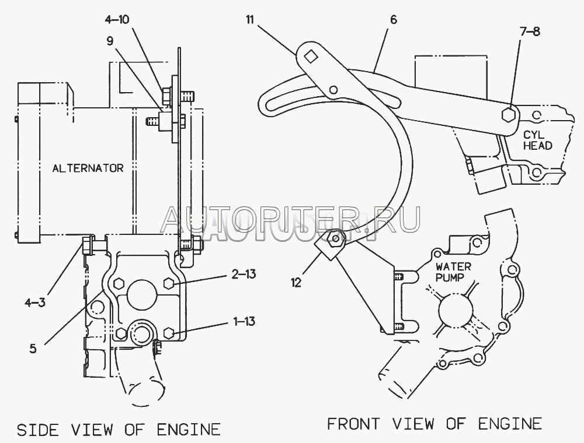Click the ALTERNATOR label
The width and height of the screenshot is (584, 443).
pyautogui.click(x=88, y=168)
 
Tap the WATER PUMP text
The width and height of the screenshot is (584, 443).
pyautogui.click(x=453, y=272)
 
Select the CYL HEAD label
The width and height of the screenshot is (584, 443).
pyautogui.click(x=537, y=140)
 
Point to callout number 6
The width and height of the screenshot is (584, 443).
pyautogui.click(x=394, y=20)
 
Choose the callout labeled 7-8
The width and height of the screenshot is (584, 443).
pyautogui.click(x=530, y=31)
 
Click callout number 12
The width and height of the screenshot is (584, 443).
pyautogui.click(x=296, y=283)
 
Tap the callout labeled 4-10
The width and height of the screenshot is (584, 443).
pyautogui.click(x=117, y=19)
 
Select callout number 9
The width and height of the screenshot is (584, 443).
pyautogui.click(x=110, y=41)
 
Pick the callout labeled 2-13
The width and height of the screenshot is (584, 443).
pyautogui.click(x=244, y=275)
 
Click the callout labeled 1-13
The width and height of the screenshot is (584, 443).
pyautogui.click(x=244, y=321)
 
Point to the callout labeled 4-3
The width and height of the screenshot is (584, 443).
pyautogui.click(x=35, y=303)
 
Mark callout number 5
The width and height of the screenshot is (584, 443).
pyautogui.click(x=33, y=349)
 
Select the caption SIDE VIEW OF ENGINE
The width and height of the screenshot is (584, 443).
pyautogui.click(x=119, y=430)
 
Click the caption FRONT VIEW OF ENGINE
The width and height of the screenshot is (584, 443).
pyautogui.click(x=434, y=424)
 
